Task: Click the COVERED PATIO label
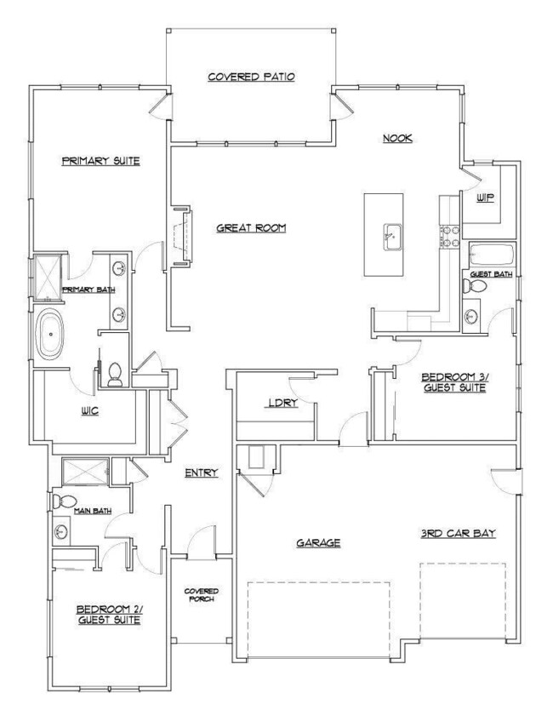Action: [x=251, y=77]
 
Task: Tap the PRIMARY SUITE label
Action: [x=100, y=160]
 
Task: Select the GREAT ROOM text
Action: [x=249, y=227]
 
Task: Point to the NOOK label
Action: [x=397, y=139]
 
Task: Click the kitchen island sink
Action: [x=391, y=232]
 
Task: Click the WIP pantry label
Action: [x=485, y=198]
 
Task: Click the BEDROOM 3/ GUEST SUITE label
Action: [x=453, y=382]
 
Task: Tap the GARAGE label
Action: [x=319, y=541]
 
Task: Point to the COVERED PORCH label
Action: [x=202, y=594]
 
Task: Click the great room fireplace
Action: [x=180, y=236]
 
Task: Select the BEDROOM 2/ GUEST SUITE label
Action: [x=108, y=615]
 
